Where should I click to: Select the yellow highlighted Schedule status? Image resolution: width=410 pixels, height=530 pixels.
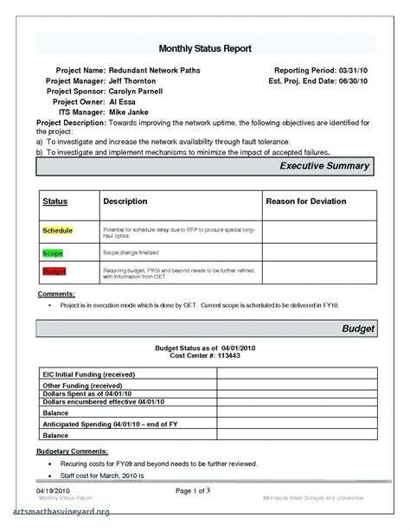coord(57,232)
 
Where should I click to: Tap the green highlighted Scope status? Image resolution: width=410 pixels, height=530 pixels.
coord(53,252)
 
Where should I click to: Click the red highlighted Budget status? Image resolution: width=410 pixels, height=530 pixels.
coord(54,271)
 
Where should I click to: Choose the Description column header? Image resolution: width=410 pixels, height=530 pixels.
coord(125,201)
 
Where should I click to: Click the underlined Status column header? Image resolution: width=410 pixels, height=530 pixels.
coord(55,201)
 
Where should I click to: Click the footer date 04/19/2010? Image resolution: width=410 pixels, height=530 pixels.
coord(53,491)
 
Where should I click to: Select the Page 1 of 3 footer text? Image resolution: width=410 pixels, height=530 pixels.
coord(204,491)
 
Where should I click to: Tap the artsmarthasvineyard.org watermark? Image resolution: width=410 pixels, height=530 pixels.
coord(56,512)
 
